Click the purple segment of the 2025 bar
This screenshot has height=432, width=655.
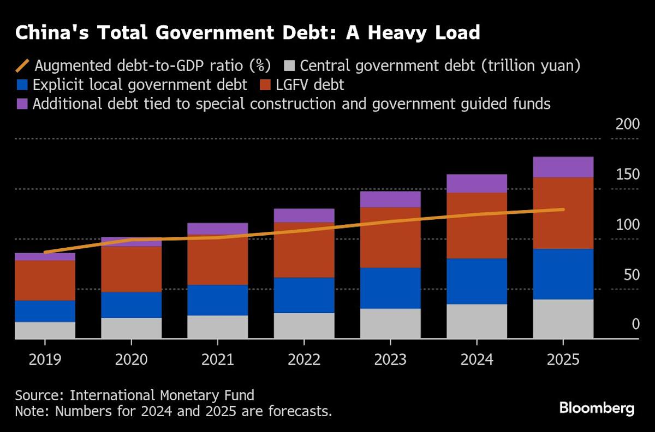(x=563, y=167)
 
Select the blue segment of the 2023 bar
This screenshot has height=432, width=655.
(x=390, y=288)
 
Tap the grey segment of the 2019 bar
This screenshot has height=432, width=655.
(x=45, y=330)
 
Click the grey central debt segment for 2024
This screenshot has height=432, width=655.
(x=477, y=322)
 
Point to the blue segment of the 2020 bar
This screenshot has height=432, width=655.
(x=131, y=305)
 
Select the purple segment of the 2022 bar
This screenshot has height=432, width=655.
(x=303, y=215)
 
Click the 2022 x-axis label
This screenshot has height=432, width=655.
(x=303, y=359)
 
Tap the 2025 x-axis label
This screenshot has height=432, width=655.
(x=563, y=359)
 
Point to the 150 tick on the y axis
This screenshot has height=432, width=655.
(x=627, y=175)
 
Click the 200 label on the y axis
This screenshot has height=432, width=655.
(x=627, y=124)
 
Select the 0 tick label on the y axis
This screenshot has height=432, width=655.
(x=635, y=325)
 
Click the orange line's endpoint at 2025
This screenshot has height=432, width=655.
(x=563, y=209)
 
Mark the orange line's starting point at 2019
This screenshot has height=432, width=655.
(x=45, y=252)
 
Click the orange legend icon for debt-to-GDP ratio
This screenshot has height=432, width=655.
(x=22, y=66)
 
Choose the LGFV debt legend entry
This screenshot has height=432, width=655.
(x=305, y=85)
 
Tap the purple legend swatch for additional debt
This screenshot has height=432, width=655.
(x=21, y=104)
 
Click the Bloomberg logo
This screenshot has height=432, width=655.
(x=597, y=408)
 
